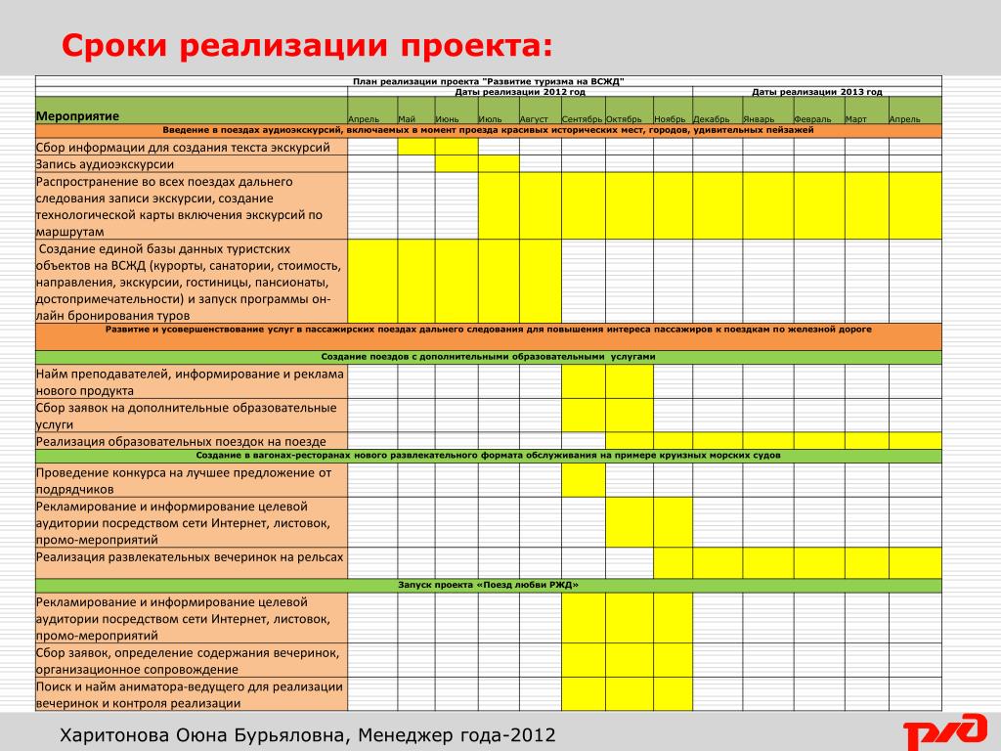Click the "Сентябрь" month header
tap(582, 119)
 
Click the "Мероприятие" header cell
tap(78, 116)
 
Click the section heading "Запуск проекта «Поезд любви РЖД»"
tap(488, 585)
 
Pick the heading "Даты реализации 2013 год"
tap(816, 92)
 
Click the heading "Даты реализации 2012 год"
tap(520, 92)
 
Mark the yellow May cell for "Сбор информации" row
tap(416, 148)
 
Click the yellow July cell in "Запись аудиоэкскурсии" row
tap(499, 164)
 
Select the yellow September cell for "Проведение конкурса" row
tap(583, 480)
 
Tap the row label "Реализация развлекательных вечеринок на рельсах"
tap(190, 556)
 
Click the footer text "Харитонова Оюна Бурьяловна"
tap(201, 734)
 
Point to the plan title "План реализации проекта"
tap(488, 81)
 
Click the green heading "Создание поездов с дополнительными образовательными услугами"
tap(488, 357)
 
